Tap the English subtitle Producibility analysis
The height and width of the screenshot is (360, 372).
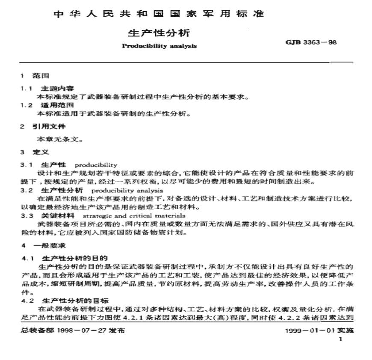pos(159,46)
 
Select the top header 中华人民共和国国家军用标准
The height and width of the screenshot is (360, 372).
pos(159,13)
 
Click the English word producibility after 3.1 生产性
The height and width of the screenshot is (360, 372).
pos(96,165)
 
